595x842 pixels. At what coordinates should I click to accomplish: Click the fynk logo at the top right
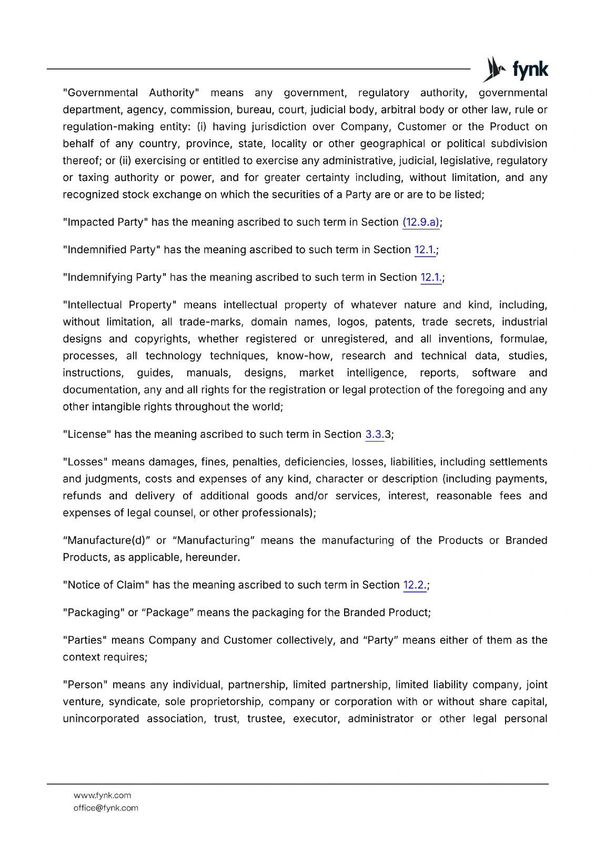516,69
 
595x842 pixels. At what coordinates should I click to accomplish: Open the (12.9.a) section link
421,223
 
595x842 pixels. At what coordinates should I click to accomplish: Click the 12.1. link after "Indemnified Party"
425,250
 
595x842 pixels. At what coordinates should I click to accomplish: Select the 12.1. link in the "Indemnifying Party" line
431,277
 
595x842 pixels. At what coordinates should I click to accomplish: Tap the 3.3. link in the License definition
375,435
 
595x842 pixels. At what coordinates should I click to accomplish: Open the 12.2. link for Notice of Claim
415,585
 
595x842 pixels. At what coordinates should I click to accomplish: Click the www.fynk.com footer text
103,795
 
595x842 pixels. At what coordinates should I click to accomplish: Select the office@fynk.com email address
106,808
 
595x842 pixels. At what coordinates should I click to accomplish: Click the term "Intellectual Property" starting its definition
119,305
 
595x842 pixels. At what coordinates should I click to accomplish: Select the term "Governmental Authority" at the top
130,93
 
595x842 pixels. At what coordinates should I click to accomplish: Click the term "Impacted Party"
105,223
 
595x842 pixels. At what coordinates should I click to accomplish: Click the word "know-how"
305,356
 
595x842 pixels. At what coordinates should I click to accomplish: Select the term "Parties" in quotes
85,640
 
